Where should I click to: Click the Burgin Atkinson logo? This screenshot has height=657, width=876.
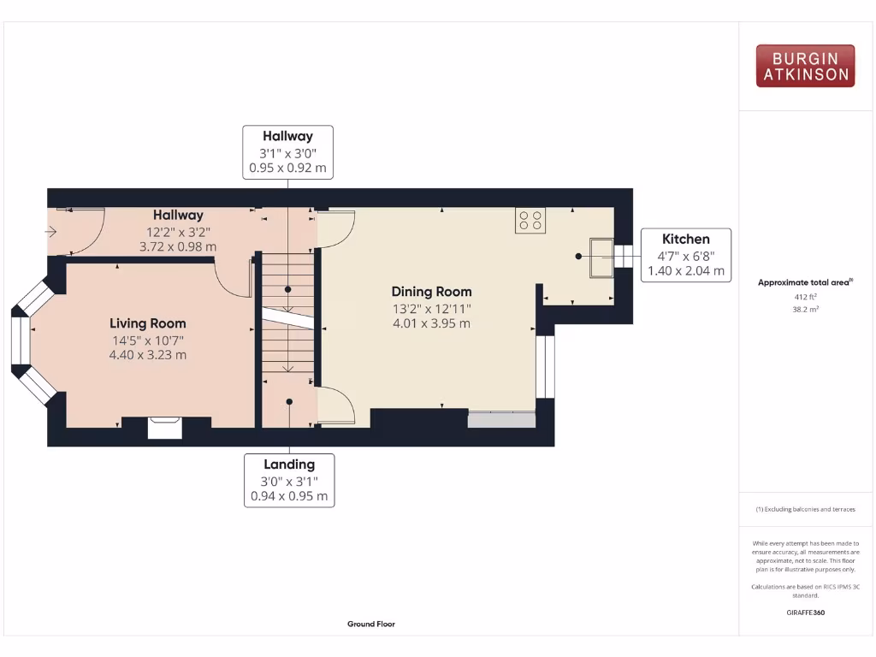pyautogui.click(x=805, y=66)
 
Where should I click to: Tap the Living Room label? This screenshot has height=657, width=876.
pyautogui.click(x=147, y=323)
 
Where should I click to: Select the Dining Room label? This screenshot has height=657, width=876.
pyautogui.click(x=431, y=292)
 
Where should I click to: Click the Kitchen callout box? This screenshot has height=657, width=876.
pyautogui.click(x=686, y=255)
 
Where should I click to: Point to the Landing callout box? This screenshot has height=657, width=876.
pyautogui.click(x=288, y=480)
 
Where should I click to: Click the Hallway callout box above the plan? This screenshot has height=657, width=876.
pyautogui.click(x=287, y=152)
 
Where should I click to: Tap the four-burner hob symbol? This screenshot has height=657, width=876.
pyautogui.click(x=530, y=221)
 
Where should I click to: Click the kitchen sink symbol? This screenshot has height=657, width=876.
pyautogui.click(x=601, y=258)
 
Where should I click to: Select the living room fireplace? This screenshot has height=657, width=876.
pyautogui.click(x=165, y=427)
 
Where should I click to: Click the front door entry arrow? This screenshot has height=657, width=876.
pyautogui.click(x=52, y=231)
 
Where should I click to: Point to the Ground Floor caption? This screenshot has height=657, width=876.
pyautogui.click(x=371, y=624)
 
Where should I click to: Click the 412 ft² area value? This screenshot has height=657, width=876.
pyautogui.click(x=805, y=298)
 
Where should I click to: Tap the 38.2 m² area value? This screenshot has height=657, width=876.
pyautogui.click(x=805, y=310)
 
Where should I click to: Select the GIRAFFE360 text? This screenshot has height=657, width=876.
pyautogui.click(x=805, y=613)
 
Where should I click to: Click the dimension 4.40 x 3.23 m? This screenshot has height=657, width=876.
pyautogui.click(x=147, y=355)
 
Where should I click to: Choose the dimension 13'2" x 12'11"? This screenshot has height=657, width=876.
pyautogui.click(x=431, y=308)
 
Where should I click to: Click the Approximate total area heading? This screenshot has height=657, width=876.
pyautogui.click(x=805, y=282)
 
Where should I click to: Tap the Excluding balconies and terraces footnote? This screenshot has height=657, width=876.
pyautogui.click(x=805, y=509)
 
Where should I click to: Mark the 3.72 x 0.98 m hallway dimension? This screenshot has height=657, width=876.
pyautogui.click(x=178, y=246)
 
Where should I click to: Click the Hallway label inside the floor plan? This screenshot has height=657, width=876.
pyautogui.click(x=178, y=216)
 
